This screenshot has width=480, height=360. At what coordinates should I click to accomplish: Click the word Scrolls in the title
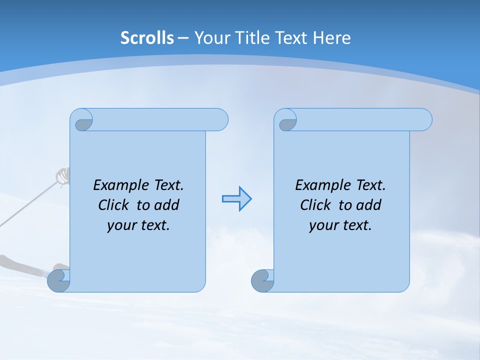(x=147, y=37)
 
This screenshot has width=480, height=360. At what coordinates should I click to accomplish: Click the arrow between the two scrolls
(x=236, y=199)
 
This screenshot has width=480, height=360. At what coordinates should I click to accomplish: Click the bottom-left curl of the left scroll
(x=59, y=281)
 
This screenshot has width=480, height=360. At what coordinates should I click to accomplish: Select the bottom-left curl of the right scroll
(x=262, y=281)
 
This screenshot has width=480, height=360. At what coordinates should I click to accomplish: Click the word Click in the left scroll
(x=114, y=205)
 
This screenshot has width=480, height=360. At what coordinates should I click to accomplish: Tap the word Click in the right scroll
(x=315, y=205)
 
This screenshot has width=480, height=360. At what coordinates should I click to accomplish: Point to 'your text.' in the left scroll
(x=138, y=225)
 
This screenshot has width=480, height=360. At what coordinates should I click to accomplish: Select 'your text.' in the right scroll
(x=340, y=225)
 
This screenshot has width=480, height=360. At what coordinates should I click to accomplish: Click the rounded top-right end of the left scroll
(x=220, y=119)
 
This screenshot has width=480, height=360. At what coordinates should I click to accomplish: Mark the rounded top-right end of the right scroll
(x=424, y=119)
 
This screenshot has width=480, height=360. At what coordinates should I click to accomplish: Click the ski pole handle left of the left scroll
(x=61, y=176)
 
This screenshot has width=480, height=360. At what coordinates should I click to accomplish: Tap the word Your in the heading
(x=210, y=37)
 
